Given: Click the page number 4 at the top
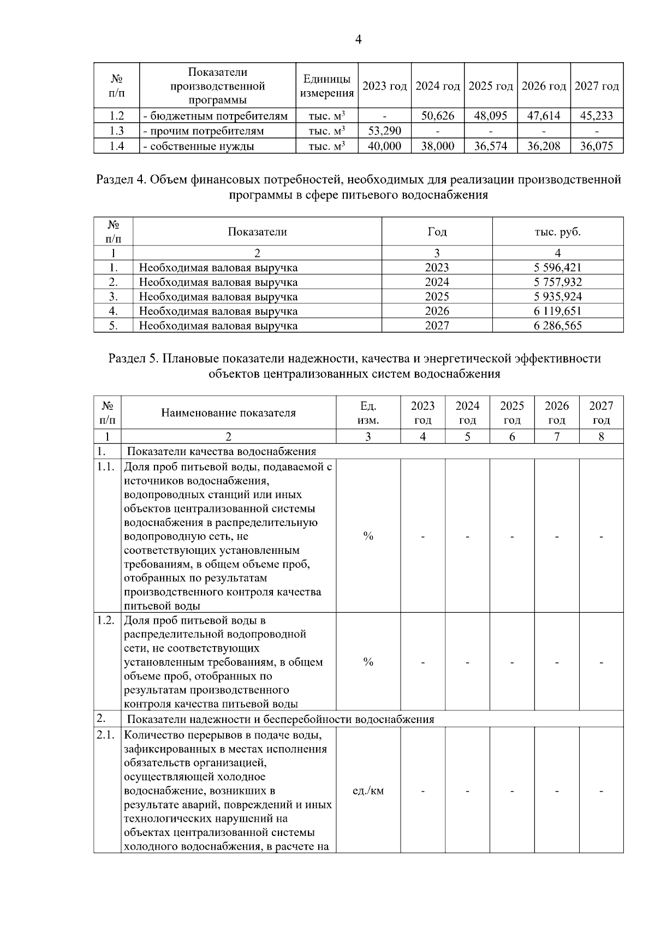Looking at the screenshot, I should [x=358, y=39].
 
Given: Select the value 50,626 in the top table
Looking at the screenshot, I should [x=438, y=116].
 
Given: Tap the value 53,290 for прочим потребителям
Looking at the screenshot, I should [x=385, y=131].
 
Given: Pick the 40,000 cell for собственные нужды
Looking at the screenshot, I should [x=385, y=146].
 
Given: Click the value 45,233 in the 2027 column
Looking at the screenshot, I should [x=597, y=116].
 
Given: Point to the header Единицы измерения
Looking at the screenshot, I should [x=327, y=86].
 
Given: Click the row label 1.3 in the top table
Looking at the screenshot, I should [x=116, y=131].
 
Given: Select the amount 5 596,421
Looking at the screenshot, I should [x=558, y=267].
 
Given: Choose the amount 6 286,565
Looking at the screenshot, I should [x=558, y=326].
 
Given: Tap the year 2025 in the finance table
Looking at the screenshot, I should [x=437, y=297].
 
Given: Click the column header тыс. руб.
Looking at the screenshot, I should [x=558, y=232].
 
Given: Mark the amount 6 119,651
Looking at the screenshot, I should [x=558, y=311].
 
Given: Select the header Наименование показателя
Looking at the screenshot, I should [x=228, y=413].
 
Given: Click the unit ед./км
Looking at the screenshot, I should [x=368, y=791].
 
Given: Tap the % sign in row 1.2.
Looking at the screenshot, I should [x=368, y=662].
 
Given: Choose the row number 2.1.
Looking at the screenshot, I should [x=105, y=735].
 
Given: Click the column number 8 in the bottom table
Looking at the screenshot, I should [x=601, y=437].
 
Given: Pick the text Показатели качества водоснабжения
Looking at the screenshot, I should [x=222, y=452].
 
